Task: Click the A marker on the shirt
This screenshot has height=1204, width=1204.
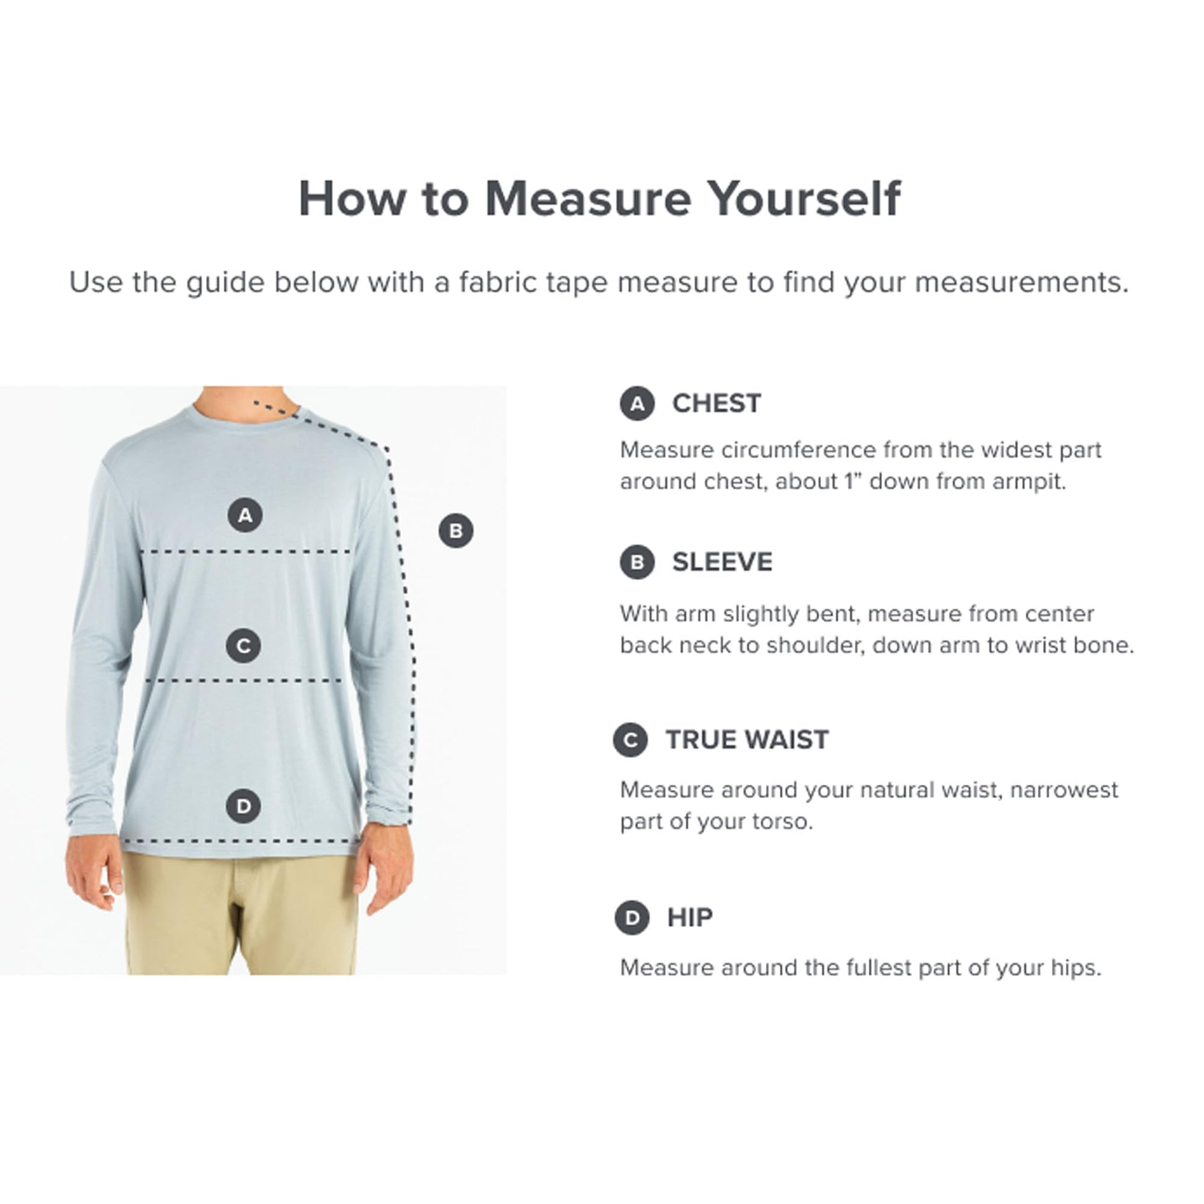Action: (x=245, y=515)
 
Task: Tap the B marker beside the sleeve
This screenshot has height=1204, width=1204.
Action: (x=456, y=531)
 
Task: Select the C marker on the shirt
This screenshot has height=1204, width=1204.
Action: (x=244, y=646)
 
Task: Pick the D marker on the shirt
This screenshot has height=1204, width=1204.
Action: (x=244, y=806)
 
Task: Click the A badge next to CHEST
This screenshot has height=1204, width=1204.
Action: (x=637, y=404)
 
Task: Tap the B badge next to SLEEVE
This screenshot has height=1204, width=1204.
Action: (x=637, y=562)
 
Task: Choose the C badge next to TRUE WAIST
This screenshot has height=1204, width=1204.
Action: (x=630, y=741)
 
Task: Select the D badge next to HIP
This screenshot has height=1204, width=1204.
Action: (x=632, y=918)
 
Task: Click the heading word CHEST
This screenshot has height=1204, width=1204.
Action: (x=716, y=404)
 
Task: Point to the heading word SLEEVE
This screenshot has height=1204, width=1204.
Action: (x=722, y=562)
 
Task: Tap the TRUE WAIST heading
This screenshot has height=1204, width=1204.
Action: (x=747, y=741)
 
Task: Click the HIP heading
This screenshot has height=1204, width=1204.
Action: (x=690, y=918)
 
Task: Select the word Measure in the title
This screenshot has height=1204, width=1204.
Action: (x=588, y=199)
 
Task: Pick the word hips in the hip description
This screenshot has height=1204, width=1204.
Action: (x=1077, y=968)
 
